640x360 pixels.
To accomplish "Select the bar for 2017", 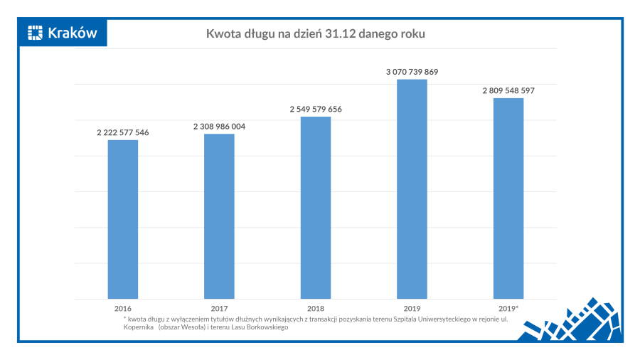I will pyautogui.click(x=219, y=216).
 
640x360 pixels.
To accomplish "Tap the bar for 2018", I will pyautogui.click(x=315, y=208).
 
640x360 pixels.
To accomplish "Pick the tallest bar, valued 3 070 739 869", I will pyautogui.click(x=412, y=189).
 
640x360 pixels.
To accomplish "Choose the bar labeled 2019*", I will pyautogui.click(x=508, y=198).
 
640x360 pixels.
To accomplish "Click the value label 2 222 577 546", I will pyautogui.click(x=123, y=132).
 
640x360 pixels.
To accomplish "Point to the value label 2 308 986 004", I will pyautogui.click(x=219, y=126).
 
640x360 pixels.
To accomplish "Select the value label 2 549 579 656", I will pyautogui.click(x=315, y=109).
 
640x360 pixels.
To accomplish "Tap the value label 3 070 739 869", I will pyautogui.click(x=412, y=72).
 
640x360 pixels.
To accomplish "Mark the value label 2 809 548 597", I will pyautogui.click(x=508, y=90).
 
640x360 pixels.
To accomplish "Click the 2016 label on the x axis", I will pyautogui.click(x=123, y=309).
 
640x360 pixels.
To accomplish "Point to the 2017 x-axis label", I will pyautogui.click(x=219, y=309).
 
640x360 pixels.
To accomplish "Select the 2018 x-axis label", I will pyautogui.click(x=315, y=309).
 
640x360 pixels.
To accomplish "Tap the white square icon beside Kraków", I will pyautogui.click(x=36, y=32).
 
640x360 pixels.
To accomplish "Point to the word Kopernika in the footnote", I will pyautogui.click(x=137, y=327).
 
